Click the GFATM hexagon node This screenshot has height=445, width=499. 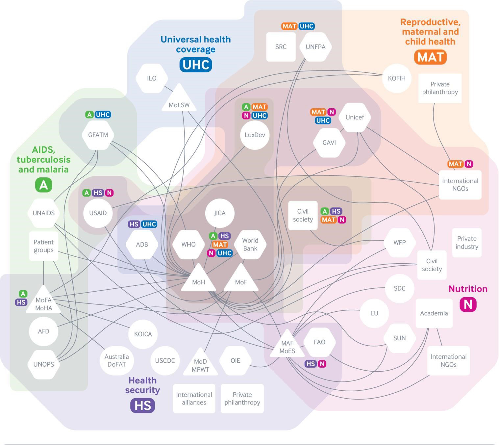[98, 135]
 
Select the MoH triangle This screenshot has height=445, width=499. [198, 280]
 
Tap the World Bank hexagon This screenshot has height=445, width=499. [250, 245]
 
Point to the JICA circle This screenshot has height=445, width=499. [220, 213]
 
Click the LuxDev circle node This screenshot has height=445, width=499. [255, 135]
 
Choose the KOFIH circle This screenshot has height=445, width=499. [396, 78]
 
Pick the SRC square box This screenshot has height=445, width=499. [281, 47]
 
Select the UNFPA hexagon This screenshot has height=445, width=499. [315, 47]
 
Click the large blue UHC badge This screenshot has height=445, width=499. [196, 65]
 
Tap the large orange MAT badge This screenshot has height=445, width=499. [430, 57]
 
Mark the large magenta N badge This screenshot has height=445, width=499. [468, 304]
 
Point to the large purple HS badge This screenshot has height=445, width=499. [142, 405]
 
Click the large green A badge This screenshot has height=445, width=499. [43, 185]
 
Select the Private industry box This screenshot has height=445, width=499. [466, 243]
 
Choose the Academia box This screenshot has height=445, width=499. [434, 313]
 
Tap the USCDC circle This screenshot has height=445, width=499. [165, 360]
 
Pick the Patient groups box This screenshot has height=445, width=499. [43, 246]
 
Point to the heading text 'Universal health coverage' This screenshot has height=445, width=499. [196, 44]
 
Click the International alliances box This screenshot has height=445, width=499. [194, 398]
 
